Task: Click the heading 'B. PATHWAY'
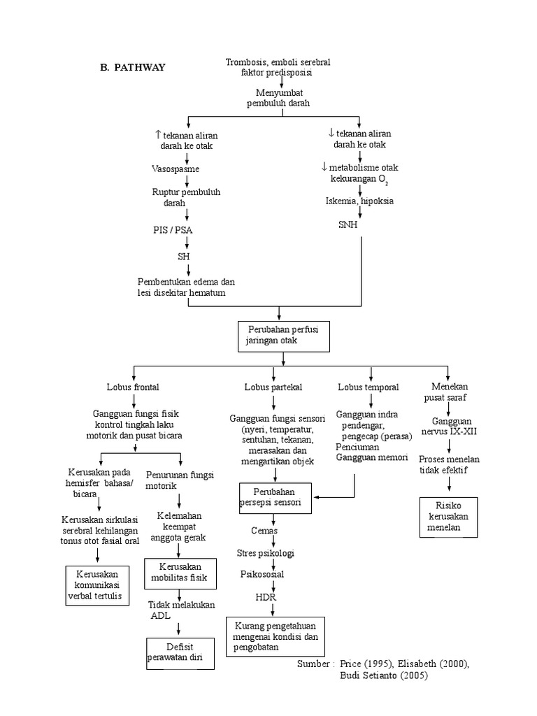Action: [134, 67]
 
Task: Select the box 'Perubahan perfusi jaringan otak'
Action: [283, 334]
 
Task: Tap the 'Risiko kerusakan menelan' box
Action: [449, 516]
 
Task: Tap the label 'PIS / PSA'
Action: [174, 230]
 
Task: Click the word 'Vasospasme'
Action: [176, 169]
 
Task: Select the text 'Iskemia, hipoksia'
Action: [359, 201]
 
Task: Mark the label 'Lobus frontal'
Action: [133, 387]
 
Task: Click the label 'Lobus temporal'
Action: [368, 387]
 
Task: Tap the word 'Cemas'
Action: [264, 531]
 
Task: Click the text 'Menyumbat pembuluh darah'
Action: [278, 97]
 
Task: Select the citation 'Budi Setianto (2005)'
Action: [383, 675]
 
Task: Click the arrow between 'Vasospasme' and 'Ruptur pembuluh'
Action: [187, 180]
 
